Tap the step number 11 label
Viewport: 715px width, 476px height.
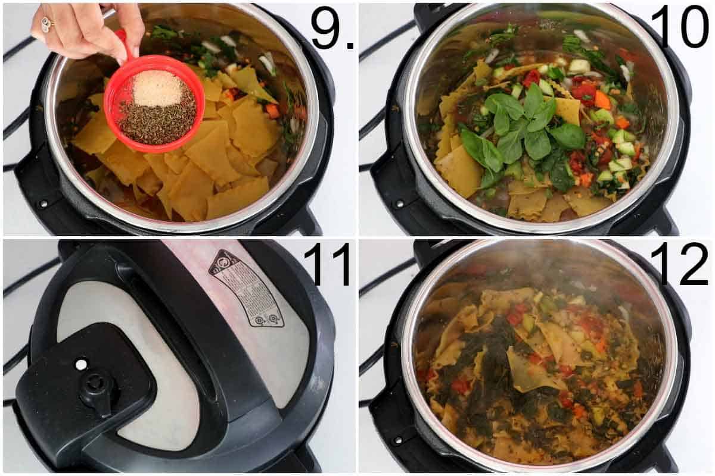pos(327,265)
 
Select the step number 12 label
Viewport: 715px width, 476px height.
pos(679,265)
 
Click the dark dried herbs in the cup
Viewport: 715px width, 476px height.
pos(156,122)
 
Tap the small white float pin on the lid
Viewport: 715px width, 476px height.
pos(81,364)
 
